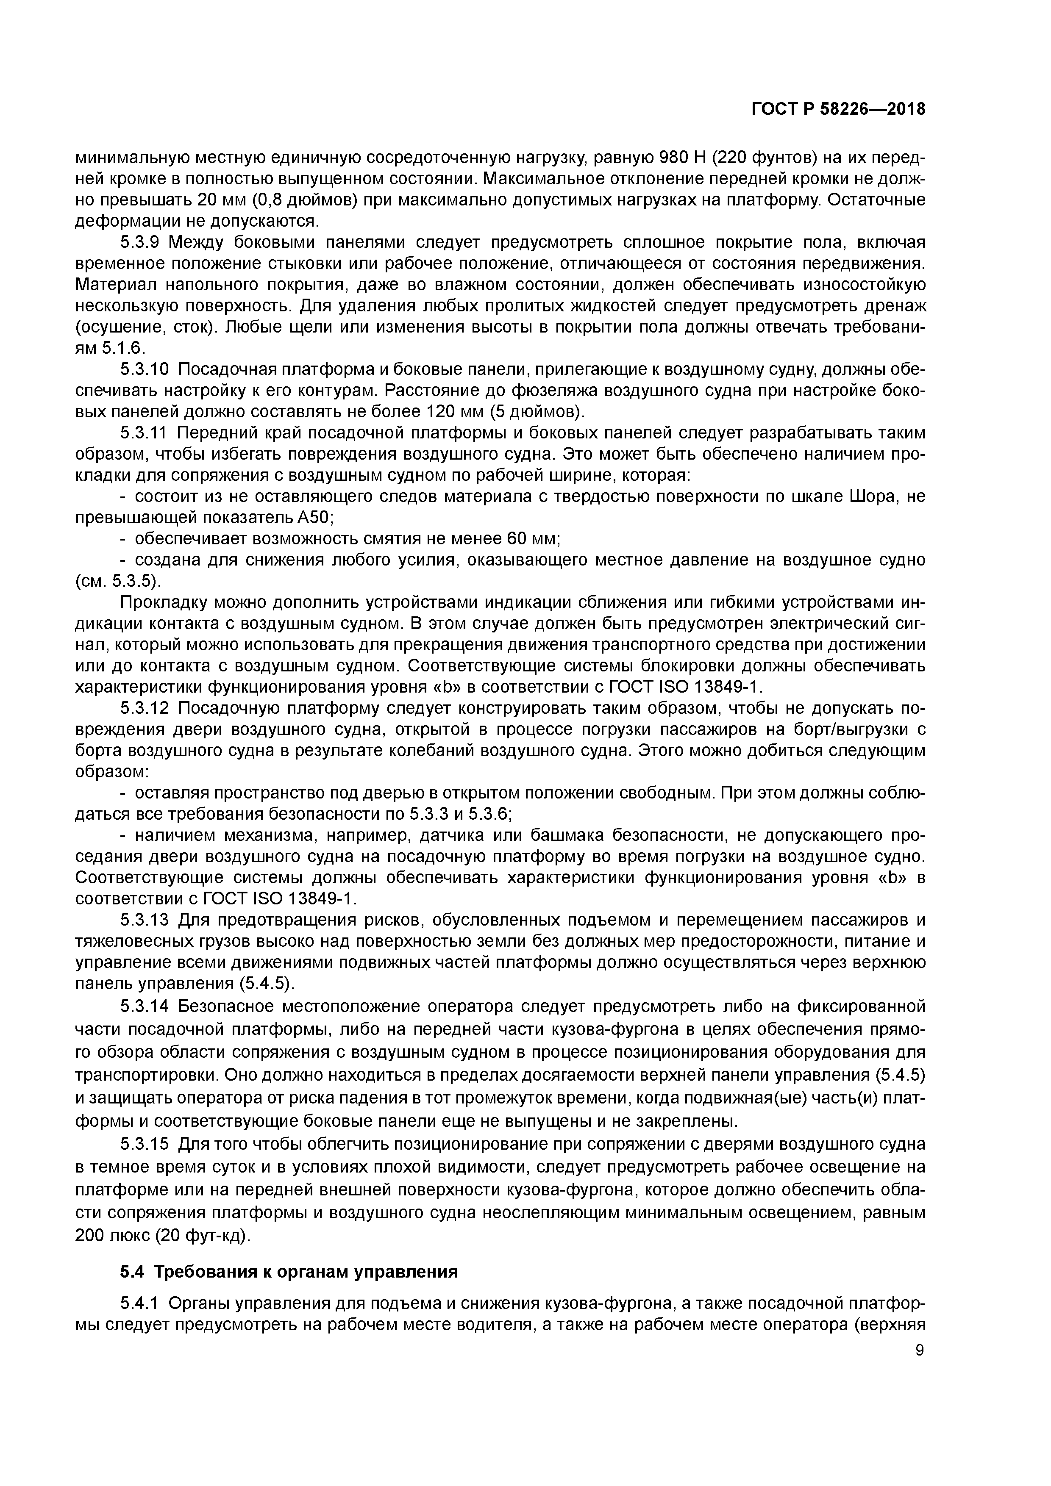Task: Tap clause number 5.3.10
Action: click(145, 369)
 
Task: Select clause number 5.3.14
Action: click(145, 1006)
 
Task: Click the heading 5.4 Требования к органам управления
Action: click(289, 1272)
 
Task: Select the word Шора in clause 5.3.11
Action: click(856, 497)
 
